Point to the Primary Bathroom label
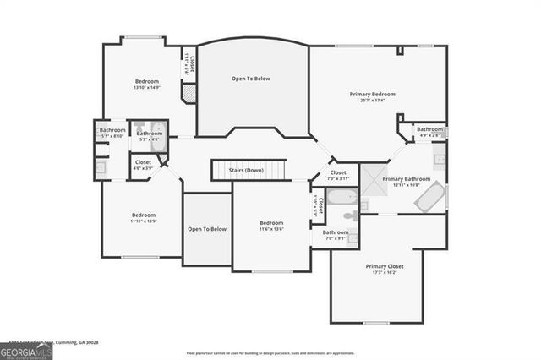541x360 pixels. (x=406, y=178)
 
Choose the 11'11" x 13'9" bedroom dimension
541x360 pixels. (x=144, y=221)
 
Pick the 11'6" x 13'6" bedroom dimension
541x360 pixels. (x=270, y=228)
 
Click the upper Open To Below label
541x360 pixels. (x=250, y=79)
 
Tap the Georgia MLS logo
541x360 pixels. (x=27, y=347)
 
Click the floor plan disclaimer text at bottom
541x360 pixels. (x=270, y=352)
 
